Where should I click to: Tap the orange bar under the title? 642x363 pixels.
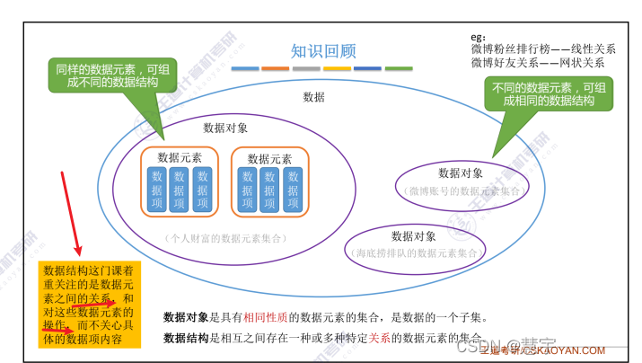(x=276, y=68)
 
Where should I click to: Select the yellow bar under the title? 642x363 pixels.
(x=337, y=68)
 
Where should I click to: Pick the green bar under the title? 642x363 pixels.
(x=398, y=68)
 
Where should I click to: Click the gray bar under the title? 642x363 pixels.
(x=306, y=68)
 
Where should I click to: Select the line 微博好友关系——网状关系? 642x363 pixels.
(x=537, y=63)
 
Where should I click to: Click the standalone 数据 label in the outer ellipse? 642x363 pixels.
(x=314, y=97)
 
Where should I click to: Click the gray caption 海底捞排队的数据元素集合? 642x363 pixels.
(x=415, y=253)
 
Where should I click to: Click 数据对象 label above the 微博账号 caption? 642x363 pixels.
(x=461, y=173)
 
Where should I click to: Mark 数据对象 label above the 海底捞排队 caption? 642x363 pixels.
(x=414, y=236)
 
